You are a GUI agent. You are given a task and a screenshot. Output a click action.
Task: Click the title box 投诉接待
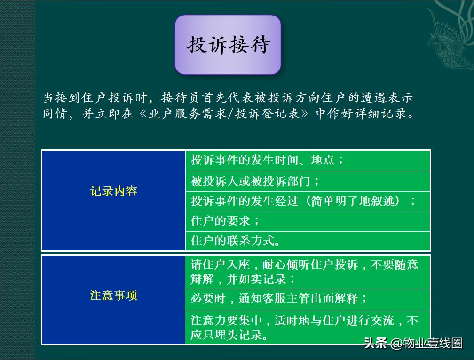(x=228, y=45)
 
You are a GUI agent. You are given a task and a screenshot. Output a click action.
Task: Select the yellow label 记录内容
(x=113, y=191)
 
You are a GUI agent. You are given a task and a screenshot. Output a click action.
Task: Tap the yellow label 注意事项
(x=113, y=296)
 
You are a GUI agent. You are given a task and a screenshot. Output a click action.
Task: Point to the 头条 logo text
(x=375, y=344)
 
